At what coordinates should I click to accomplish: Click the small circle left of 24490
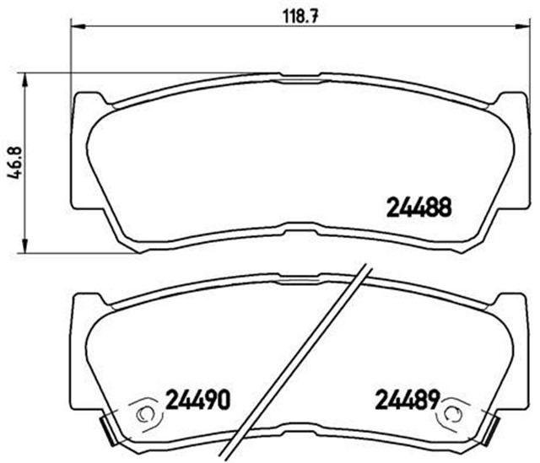pos(143,413)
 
